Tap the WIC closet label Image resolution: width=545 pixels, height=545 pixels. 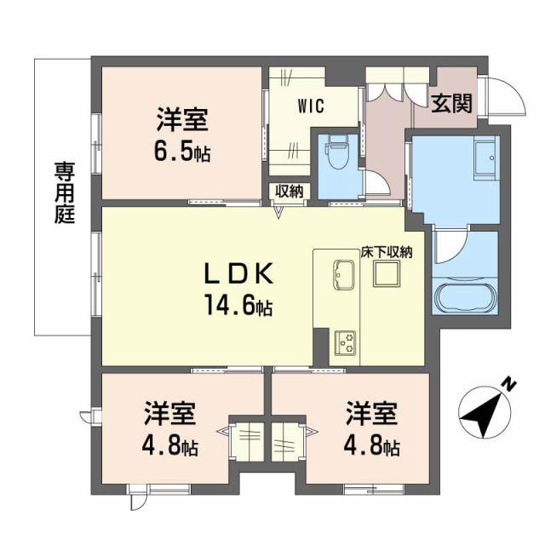309,107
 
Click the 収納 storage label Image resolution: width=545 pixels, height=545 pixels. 290,191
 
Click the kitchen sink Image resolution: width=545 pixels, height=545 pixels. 344,272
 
